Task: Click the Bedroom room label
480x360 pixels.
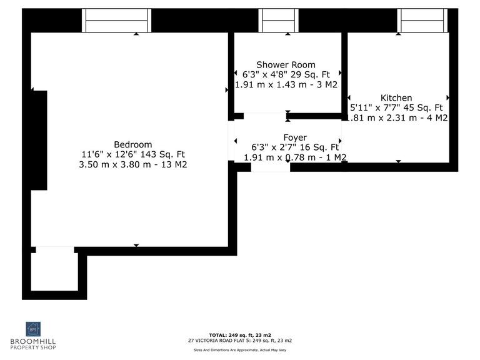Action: [x=132, y=144]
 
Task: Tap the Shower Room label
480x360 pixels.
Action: [x=286, y=64]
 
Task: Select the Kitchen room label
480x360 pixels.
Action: [x=396, y=97]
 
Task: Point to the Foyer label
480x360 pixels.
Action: [x=295, y=137]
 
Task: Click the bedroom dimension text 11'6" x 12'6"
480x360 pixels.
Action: [x=132, y=154]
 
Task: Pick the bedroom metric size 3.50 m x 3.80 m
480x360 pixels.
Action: [x=134, y=165]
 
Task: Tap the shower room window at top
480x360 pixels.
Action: [x=279, y=21]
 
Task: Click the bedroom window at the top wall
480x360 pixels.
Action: [x=117, y=21]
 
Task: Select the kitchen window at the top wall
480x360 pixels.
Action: [x=422, y=21]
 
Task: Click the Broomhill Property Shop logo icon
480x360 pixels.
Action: [x=32, y=329]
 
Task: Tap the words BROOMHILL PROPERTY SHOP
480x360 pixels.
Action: [x=33, y=344]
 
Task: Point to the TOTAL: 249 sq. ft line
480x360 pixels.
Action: [x=240, y=335]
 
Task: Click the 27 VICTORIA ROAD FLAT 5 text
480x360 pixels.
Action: [x=240, y=341]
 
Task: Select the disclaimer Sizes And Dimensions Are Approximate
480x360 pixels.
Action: [x=240, y=350]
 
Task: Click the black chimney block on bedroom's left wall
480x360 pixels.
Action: [x=39, y=140]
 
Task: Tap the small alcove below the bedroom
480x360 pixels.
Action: [x=54, y=270]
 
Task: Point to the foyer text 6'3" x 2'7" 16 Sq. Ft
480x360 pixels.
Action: [x=295, y=147]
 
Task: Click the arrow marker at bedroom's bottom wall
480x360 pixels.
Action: [x=136, y=245]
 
